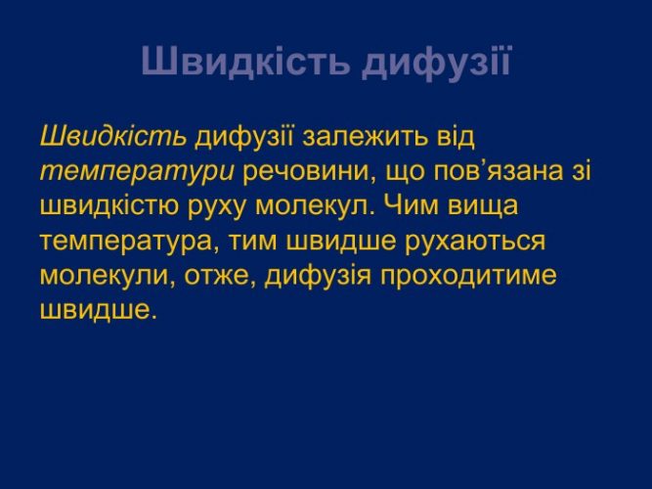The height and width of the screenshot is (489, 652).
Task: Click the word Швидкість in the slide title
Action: point(244,61)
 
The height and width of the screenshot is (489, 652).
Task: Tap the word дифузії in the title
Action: point(436,62)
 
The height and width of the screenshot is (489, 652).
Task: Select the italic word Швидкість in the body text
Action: point(113,136)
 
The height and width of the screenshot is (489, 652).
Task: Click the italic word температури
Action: point(137,172)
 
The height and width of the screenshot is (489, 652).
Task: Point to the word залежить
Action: point(365,138)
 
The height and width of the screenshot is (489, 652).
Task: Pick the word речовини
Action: point(307,173)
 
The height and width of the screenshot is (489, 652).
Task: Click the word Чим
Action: point(409,205)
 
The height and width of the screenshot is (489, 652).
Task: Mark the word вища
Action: point(483,207)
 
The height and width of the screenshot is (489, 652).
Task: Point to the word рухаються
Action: point(475,242)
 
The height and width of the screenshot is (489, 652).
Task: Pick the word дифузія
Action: point(318,276)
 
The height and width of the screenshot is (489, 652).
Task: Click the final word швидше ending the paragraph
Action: point(95,310)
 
